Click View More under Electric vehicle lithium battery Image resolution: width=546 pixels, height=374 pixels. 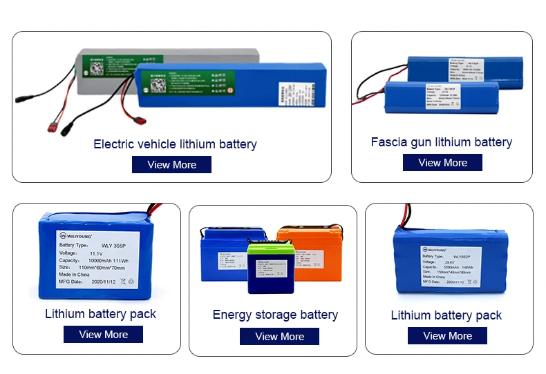pyautogui.click(x=171, y=165)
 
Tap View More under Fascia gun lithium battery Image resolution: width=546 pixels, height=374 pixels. pyautogui.click(x=442, y=163)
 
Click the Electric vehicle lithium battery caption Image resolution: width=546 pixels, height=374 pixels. pyautogui.click(x=175, y=144)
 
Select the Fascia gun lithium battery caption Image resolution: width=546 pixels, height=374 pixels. pyautogui.click(x=441, y=142)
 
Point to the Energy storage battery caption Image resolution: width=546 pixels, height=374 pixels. pyautogui.click(x=275, y=315)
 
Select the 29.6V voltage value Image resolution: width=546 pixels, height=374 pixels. pyautogui.click(x=451, y=262)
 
